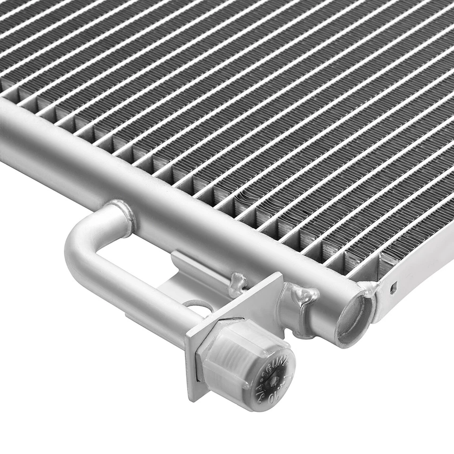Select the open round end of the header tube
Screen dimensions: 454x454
(352, 317)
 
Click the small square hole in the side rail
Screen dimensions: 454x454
(393, 287)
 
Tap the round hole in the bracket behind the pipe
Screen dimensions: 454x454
(199, 307)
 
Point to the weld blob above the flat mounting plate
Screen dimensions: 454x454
(239, 283)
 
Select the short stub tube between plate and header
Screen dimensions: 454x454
(293, 312)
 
